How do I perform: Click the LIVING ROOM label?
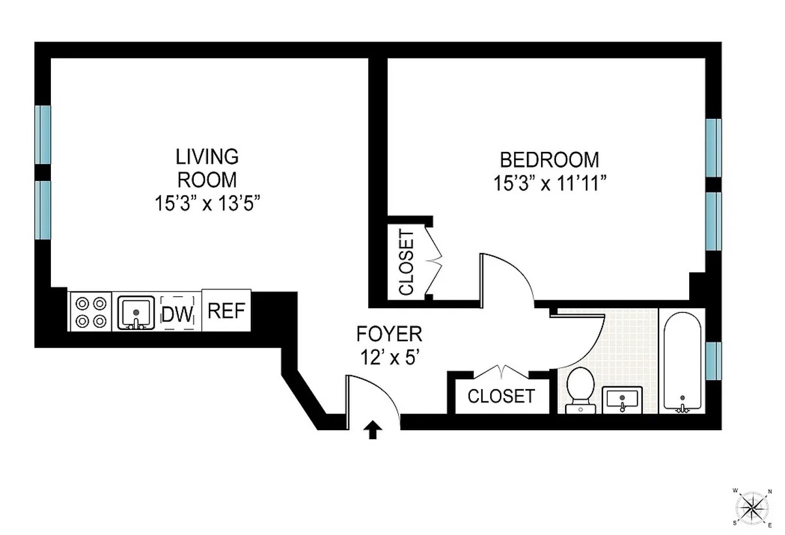[207, 168]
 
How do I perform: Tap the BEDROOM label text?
[549, 160]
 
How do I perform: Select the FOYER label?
[389, 334]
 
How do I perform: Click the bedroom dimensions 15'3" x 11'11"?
[549, 184]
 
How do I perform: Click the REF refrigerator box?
[226, 311]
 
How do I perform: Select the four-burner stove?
[90, 312]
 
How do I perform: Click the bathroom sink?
[622, 400]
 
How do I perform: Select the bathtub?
[682, 362]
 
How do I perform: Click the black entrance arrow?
[372, 430]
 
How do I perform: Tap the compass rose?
[752, 506]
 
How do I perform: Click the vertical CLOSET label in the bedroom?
[407, 262]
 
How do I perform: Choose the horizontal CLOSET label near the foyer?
[501, 396]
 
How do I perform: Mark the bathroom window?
[713, 361]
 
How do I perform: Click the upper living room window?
[43, 134]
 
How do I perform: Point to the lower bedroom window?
[713, 221]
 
